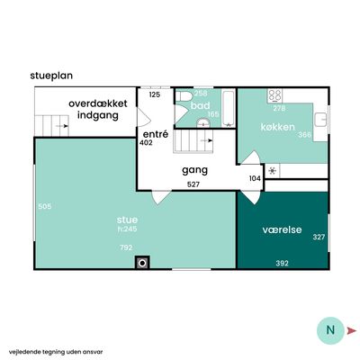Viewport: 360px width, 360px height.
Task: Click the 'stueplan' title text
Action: (x=51, y=76)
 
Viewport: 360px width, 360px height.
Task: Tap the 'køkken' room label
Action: (x=278, y=127)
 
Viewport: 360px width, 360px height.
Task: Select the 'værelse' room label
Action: (x=282, y=229)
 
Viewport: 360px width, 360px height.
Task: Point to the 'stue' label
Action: (x=127, y=220)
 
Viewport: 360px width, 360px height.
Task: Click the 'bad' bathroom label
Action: (x=200, y=105)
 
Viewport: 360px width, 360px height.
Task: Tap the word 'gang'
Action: (x=194, y=170)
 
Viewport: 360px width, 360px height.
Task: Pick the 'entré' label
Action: (x=156, y=134)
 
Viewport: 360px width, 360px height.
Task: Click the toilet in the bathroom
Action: (x=184, y=96)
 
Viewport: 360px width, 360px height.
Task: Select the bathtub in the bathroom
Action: (x=229, y=109)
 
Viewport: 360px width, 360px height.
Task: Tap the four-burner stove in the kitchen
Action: (x=274, y=96)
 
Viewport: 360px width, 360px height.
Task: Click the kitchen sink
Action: (x=320, y=120)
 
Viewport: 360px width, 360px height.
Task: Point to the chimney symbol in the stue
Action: (x=142, y=263)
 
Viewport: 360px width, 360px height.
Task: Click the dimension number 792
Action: (x=126, y=247)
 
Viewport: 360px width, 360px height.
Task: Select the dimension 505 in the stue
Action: (x=45, y=206)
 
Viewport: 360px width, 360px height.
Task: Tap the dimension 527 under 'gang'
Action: (x=193, y=184)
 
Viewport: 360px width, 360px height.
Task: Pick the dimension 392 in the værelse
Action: (x=282, y=264)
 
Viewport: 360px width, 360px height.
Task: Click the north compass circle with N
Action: (x=330, y=330)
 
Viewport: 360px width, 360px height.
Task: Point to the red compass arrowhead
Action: (x=351, y=330)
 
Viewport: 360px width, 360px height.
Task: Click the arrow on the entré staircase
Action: (x=207, y=140)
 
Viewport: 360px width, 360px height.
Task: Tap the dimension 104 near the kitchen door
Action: (x=255, y=178)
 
